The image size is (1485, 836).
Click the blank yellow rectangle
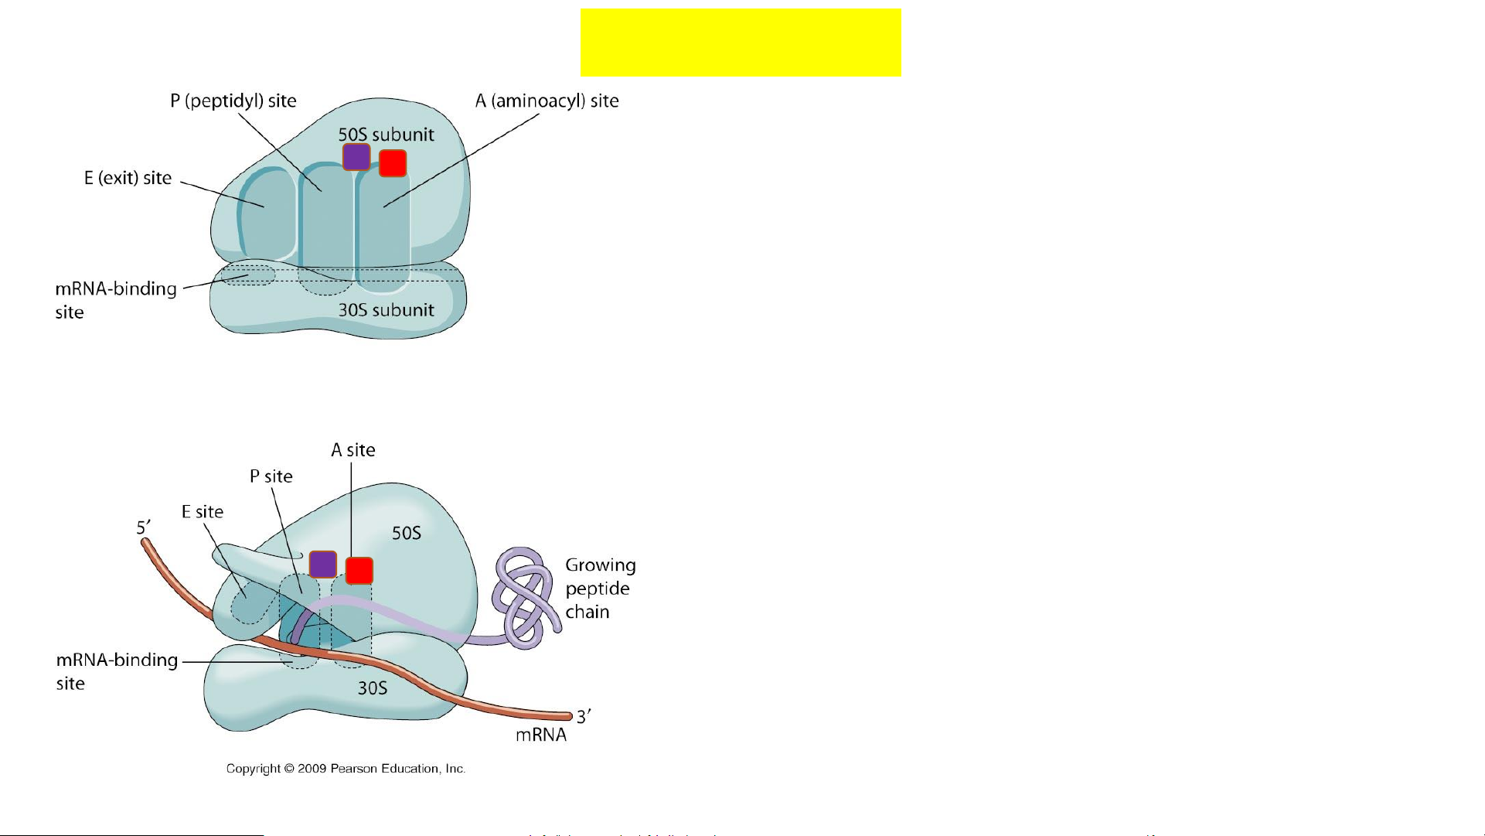741,43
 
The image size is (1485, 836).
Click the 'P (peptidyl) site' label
233,101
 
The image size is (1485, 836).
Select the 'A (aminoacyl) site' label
547,101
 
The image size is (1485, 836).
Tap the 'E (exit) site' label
128,178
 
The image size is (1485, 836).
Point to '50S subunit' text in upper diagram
386,135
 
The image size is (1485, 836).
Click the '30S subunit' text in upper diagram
386,310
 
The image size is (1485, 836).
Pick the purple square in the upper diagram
356,157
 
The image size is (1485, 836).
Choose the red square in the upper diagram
393,163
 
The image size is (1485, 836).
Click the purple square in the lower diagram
323,565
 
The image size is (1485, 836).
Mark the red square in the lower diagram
359,571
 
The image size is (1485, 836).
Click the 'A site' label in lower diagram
353,450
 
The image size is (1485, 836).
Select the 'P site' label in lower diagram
271,476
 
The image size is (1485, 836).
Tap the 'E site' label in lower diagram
202,512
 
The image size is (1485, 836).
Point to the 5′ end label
144,527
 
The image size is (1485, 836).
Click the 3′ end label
584,716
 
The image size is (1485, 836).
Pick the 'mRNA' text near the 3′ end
541,735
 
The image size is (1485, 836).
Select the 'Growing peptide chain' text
600,589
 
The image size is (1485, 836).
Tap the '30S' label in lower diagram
372,688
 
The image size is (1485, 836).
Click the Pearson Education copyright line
346,769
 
